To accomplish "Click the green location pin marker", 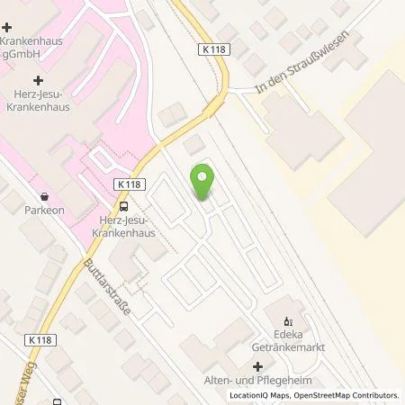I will pos(203,184).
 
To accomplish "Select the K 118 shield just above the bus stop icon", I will pos(129,183).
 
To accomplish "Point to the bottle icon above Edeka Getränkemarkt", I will pos(288,319).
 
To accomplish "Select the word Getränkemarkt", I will pos(288,347).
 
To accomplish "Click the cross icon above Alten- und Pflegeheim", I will pos(258,366).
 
